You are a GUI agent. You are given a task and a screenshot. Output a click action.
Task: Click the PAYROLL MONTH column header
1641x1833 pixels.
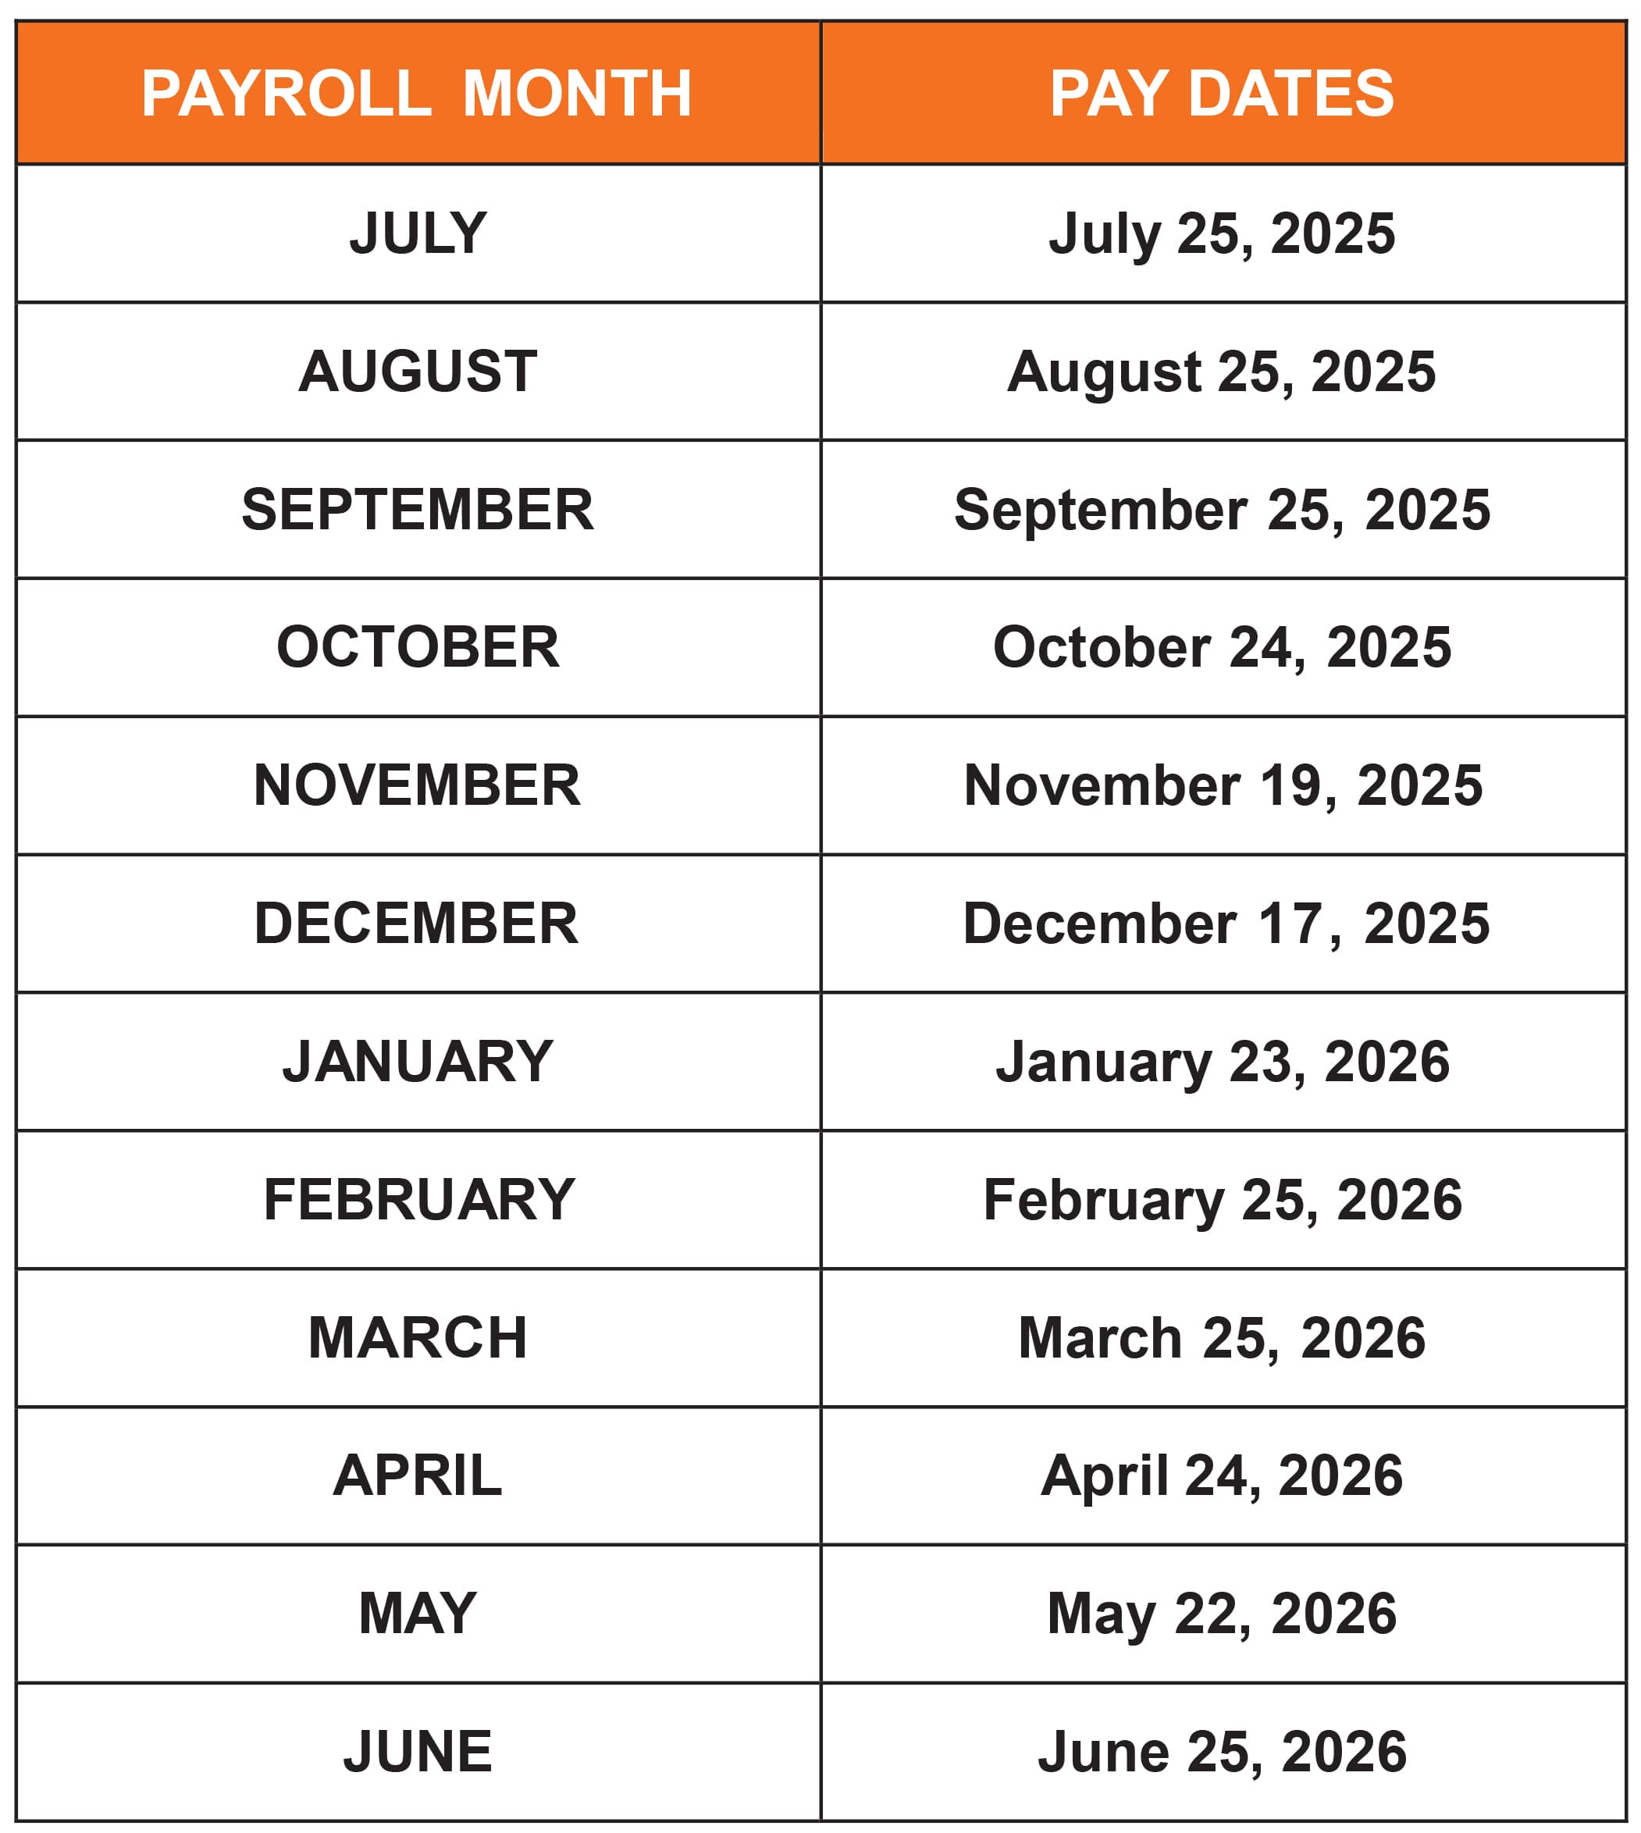point(417,94)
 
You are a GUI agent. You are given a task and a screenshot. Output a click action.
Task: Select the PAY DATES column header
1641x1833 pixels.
point(1222,94)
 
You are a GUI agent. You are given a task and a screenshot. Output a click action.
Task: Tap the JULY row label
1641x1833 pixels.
point(418,233)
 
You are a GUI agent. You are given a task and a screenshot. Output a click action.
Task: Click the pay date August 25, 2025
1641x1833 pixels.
point(1222,372)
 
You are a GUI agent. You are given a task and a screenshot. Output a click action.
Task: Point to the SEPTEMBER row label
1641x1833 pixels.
point(418,510)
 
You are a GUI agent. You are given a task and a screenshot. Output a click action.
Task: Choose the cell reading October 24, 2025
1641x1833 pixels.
point(1222,647)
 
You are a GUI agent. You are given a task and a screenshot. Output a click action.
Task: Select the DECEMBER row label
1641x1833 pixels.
point(417,924)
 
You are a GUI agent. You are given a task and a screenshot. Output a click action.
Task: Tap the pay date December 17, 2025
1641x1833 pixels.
point(1226,924)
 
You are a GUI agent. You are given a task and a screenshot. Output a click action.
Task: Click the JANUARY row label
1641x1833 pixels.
point(418,1061)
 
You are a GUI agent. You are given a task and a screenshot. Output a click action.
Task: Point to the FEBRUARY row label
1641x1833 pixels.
point(419,1200)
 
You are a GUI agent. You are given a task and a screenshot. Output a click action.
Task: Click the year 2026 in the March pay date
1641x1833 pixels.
point(1362,1338)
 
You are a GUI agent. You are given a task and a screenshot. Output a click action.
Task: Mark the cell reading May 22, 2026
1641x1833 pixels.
point(1222,1614)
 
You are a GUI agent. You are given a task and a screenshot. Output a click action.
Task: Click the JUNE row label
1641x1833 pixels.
point(418,1752)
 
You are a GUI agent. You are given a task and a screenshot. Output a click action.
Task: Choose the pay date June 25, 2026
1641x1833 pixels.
point(1222,1752)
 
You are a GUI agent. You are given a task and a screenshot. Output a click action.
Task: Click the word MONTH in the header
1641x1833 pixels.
point(577,94)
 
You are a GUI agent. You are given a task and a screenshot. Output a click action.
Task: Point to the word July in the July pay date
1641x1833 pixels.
point(1105,233)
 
